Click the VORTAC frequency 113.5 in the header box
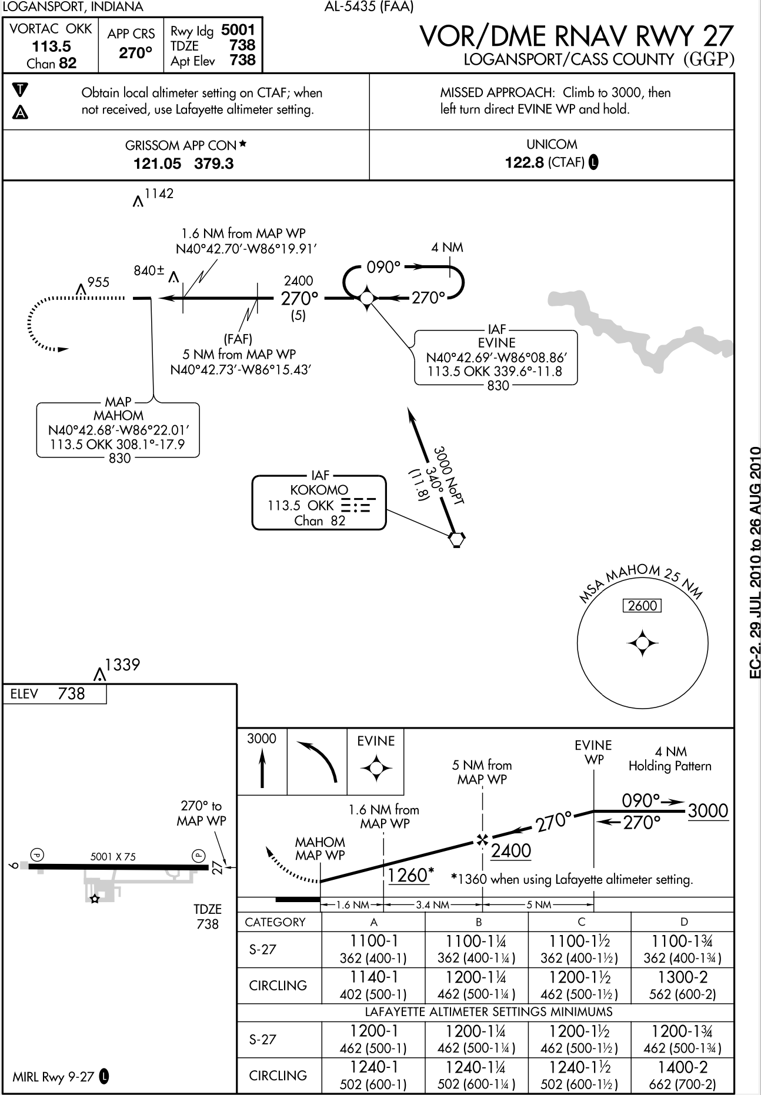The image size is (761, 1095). (51, 46)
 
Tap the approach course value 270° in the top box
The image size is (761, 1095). (135, 54)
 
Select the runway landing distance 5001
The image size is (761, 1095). (238, 30)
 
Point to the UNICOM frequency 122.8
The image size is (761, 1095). (525, 162)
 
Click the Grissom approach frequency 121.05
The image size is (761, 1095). (158, 163)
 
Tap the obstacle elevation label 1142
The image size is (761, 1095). (159, 193)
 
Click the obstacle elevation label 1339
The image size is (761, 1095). (122, 665)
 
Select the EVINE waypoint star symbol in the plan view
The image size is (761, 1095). (366, 298)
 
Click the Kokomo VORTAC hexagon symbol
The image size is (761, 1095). (456, 539)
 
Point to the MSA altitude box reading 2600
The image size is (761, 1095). (642, 606)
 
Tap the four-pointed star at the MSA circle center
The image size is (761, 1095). (642, 644)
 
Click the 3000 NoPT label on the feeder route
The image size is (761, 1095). (449, 475)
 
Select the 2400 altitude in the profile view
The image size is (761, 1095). (510, 851)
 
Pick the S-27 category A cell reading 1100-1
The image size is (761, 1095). (373, 940)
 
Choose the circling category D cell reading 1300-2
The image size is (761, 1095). (683, 978)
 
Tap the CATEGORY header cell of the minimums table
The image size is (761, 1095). (275, 922)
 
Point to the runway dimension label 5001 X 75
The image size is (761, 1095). (113, 857)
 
